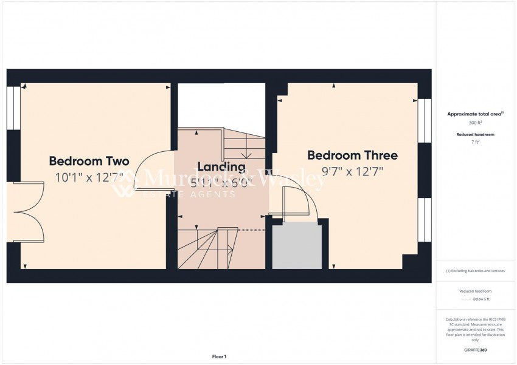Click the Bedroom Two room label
coord(89,162)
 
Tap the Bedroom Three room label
coord(352,155)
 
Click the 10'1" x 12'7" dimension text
coord(89,177)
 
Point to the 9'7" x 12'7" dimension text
coord(352,171)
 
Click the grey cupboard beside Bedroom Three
coord(296,245)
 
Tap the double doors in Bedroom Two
coord(27,211)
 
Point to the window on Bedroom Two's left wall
coord(13,107)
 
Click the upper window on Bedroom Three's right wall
coord(425,121)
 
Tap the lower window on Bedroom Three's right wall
coord(425,219)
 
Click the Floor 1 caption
coord(218,356)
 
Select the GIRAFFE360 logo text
coord(475,350)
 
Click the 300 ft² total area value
coord(475,123)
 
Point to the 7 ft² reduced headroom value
coord(475,142)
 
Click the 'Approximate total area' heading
coord(475,114)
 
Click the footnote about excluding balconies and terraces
coord(475,271)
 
